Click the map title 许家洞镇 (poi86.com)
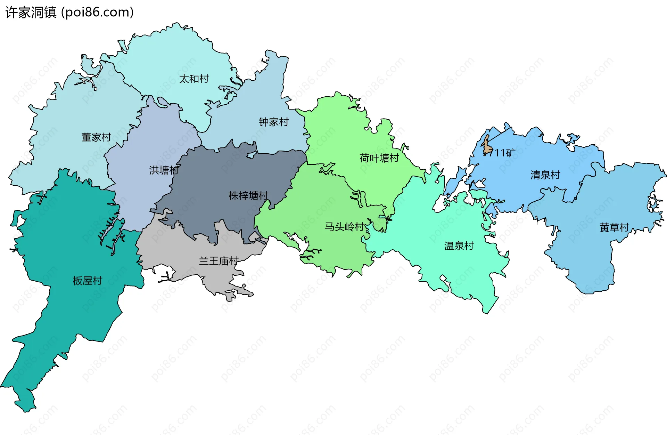pyautogui.click(x=69, y=13)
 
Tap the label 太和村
pyautogui.click(x=194, y=79)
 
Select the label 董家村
pyautogui.click(x=96, y=137)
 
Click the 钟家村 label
pyautogui.click(x=273, y=122)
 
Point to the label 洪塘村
pyautogui.click(x=164, y=170)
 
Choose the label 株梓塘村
pyautogui.click(x=248, y=196)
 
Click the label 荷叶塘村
pyautogui.click(x=379, y=158)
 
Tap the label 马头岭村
pyautogui.click(x=344, y=227)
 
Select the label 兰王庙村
pyautogui.click(x=218, y=261)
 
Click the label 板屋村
pyautogui.click(x=87, y=281)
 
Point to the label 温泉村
pyautogui.click(x=459, y=246)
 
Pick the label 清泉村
pyautogui.click(x=545, y=175)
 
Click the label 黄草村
pyautogui.click(x=614, y=227)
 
